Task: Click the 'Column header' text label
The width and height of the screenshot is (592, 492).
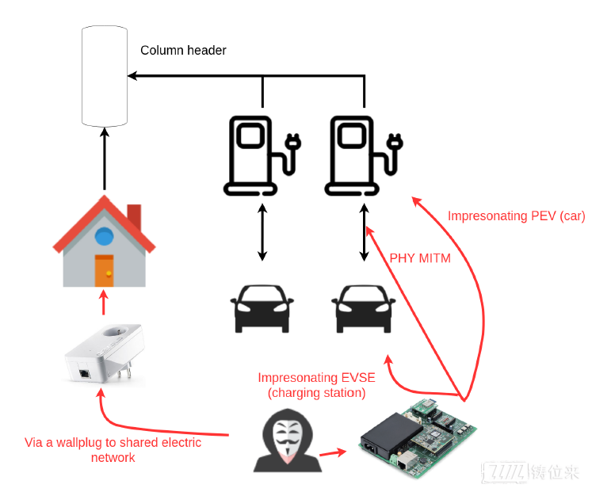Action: (x=183, y=50)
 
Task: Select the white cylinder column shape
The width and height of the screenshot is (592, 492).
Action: (x=105, y=76)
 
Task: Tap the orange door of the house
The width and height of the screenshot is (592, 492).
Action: (x=104, y=270)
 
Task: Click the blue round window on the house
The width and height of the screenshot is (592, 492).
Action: (x=104, y=237)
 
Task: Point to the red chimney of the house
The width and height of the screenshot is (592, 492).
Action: (x=135, y=216)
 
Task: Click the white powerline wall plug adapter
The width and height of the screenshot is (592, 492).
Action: (x=105, y=353)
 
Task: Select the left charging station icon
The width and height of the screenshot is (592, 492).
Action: (x=262, y=156)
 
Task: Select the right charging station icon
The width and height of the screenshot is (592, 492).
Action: (x=364, y=156)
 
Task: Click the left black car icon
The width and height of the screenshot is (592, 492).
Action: (x=262, y=309)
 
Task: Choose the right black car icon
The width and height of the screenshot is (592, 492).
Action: (x=364, y=309)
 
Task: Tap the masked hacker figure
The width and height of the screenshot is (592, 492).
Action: (x=288, y=441)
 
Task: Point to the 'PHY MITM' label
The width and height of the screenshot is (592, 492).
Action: (x=420, y=258)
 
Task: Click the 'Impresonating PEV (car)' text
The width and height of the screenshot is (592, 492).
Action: (x=517, y=216)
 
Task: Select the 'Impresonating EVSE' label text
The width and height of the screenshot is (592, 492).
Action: (x=316, y=377)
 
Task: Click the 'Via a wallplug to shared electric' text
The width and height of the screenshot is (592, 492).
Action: (x=113, y=442)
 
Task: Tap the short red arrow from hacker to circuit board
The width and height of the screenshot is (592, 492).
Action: (x=333, y=452)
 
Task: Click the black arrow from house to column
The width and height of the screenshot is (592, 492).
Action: (x=105, y=158)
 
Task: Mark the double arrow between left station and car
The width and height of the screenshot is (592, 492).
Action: (x=262, y=232)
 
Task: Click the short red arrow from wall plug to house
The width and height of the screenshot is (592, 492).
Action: (x=104, y=302)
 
